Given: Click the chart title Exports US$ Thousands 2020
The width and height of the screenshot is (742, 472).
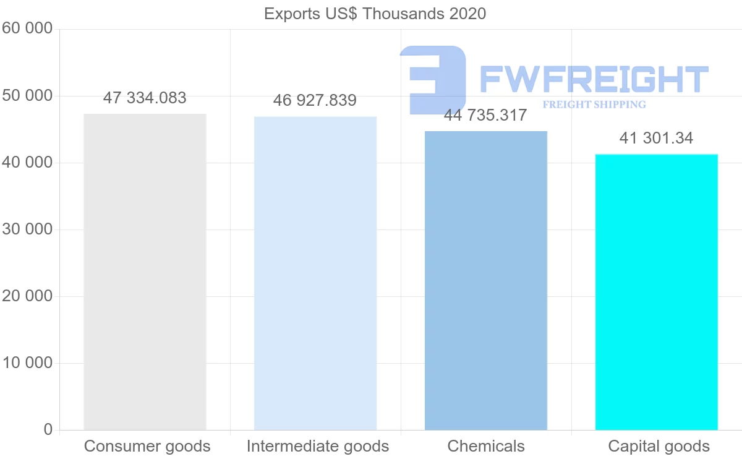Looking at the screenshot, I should (375, 14).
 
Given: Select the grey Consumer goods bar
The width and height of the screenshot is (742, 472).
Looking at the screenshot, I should (145, 272).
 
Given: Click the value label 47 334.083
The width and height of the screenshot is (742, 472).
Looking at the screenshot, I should (145, 98).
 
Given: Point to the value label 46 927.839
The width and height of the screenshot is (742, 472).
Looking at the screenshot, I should (315, 101).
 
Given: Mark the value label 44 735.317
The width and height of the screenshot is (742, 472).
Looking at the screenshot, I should (485, 115).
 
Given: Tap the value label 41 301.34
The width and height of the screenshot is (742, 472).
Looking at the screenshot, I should (656, 138).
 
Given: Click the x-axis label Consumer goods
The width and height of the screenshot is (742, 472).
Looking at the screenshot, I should (147, 446).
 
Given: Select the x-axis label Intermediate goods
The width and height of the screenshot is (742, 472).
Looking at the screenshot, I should (318, 446).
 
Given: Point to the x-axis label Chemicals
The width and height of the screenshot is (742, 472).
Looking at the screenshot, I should (486, 446).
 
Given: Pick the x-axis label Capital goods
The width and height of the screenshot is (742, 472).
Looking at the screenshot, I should (659, 446).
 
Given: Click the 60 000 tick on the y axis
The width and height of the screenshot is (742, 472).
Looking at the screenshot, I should (27, 28).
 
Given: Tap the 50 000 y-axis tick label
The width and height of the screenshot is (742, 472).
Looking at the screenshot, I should (27, 96).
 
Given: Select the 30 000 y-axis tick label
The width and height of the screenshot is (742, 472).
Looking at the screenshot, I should (27, 230).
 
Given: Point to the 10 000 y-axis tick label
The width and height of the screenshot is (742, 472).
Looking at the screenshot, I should (27, 363).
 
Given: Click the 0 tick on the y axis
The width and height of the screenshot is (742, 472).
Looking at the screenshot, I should (48, 429).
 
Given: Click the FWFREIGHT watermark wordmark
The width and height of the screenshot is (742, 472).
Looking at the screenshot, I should (594, 79).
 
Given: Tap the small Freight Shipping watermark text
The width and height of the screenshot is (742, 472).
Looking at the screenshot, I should (594, 105).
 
